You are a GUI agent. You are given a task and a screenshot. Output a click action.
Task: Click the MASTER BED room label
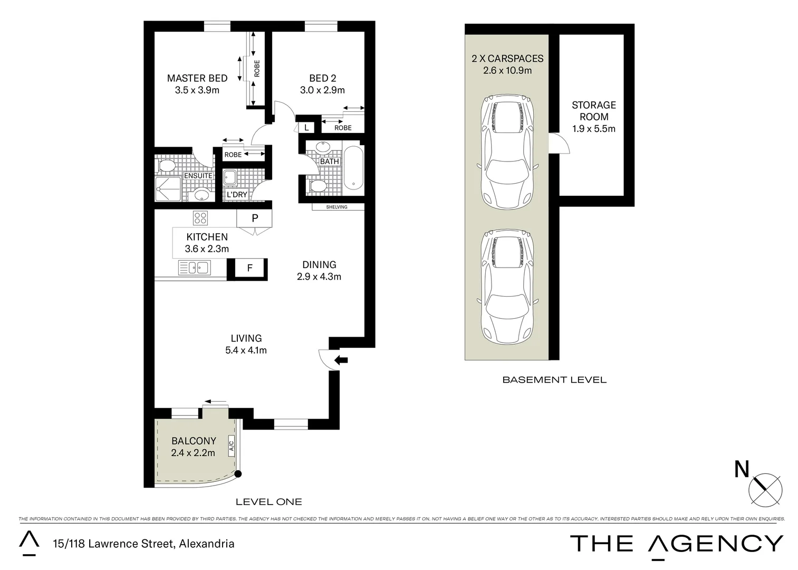point(197,78)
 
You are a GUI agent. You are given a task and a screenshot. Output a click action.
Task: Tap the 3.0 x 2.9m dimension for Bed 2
point(322,90)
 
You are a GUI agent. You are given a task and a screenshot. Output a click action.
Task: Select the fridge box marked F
point(250,269)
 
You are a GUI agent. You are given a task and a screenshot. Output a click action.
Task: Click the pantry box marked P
point(254,217)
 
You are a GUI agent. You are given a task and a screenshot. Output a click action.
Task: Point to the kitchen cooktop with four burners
point(200,217)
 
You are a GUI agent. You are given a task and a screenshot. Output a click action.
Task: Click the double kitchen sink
point(195,268)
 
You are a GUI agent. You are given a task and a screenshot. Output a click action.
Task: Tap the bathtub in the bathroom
point(353,168)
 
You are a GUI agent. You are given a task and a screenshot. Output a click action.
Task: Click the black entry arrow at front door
point(342,360)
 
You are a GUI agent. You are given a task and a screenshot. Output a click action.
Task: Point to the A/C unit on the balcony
point(231,446)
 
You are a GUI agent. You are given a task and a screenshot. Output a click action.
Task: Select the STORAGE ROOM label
point(594,111)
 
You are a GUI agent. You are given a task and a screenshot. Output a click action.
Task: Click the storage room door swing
point(560,143)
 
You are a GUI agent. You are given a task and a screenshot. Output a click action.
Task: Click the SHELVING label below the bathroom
point(336,207)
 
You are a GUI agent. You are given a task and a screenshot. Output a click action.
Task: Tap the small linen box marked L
point(306,128)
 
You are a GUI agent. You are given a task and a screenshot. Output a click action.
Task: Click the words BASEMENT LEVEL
point(554,379)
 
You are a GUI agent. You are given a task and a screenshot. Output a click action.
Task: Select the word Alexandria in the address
point(207,544)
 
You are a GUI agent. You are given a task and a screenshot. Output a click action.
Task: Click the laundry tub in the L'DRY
point(230,177)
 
